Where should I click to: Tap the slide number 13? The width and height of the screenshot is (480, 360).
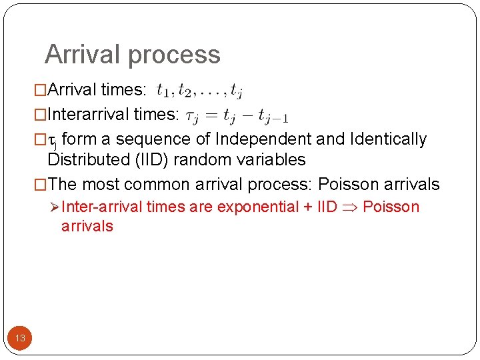(x=20, y=338)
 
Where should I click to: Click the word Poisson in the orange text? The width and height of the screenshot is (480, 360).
(x=391, y=207)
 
